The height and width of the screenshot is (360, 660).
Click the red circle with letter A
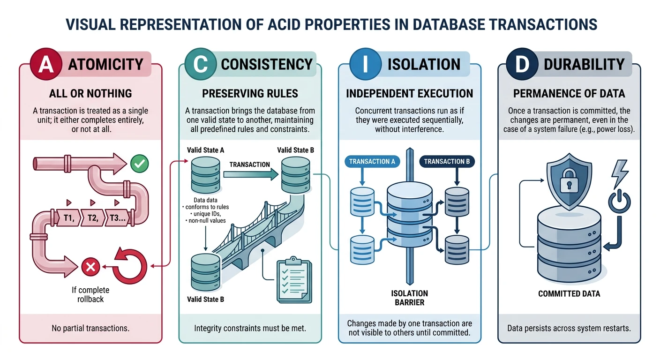46,64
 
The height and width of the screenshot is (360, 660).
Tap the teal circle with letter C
201,64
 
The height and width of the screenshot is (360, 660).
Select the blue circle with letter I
364,64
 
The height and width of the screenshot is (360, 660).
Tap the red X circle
90,267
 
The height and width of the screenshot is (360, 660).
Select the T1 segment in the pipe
68,218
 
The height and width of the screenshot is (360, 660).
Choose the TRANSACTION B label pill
447,162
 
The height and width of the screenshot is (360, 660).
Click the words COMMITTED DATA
569,294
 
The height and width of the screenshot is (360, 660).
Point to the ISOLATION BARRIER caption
409,298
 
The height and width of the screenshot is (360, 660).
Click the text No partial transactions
90,328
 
